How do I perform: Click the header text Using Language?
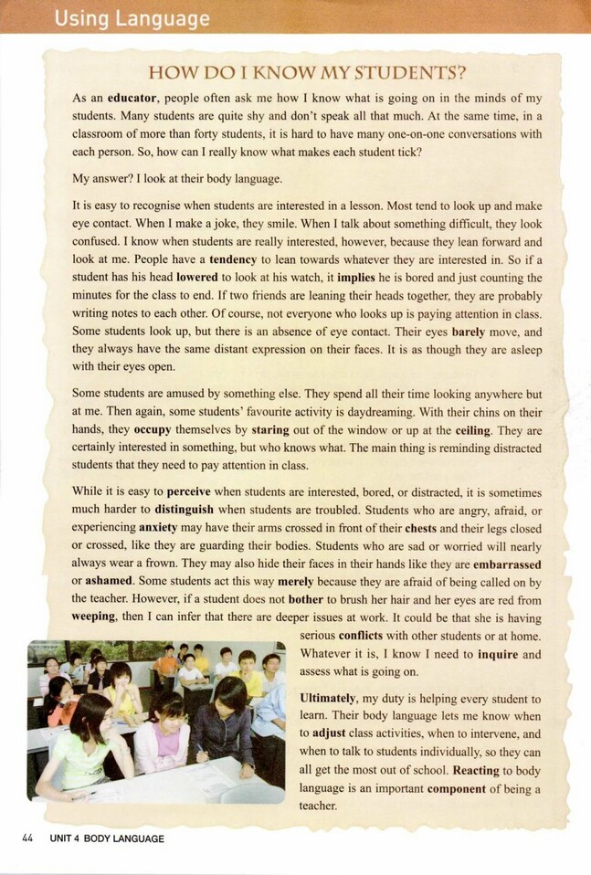(132, 17)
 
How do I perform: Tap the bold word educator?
(132, 97)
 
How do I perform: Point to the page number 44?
(27, 838)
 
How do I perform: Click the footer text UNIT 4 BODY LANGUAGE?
(108, 838)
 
